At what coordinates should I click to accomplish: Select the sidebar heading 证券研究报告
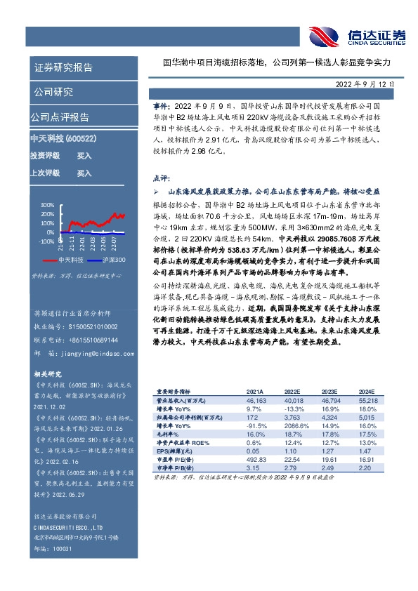tap(63, 67)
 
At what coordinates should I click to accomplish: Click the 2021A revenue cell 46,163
tap(256, 399)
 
